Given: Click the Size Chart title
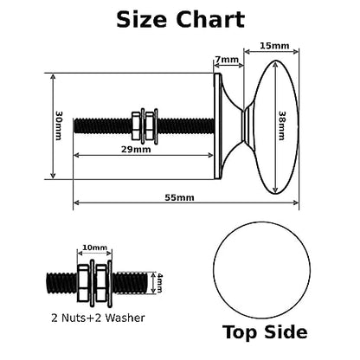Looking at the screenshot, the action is tap(181, 20).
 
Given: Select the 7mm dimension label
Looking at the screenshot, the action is tap(227, 60).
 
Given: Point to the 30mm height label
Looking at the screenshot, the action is tap(59, 125).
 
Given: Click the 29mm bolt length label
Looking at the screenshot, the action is tap(136, 150).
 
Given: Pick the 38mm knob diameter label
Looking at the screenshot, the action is tap(282, 125).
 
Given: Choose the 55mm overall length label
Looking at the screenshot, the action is tap(179, 197).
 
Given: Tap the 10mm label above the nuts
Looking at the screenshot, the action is tap(94, 247).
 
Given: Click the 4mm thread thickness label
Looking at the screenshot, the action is tap(159, 283).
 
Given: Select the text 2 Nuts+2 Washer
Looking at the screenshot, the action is tap(98, 318).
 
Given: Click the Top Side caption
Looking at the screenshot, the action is tap(265, 332).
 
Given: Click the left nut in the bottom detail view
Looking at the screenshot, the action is tap(84, 283).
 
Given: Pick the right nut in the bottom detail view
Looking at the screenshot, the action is tap(101, 283).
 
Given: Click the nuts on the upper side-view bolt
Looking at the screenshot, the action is tap(145, 125).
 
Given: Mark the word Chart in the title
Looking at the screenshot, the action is tap(210, 20).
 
